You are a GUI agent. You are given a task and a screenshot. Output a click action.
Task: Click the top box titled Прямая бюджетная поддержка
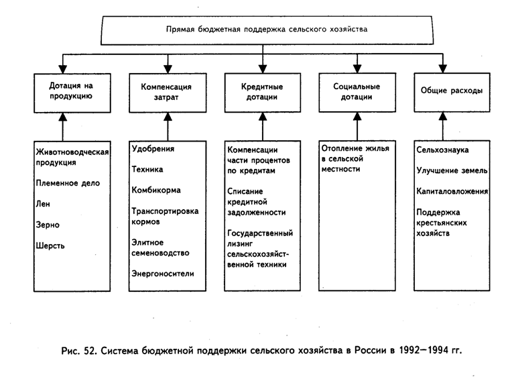pyautogui.click(x=267, y=30)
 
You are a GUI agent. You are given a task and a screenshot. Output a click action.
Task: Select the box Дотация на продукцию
pyautogui.click(x=72, y=93)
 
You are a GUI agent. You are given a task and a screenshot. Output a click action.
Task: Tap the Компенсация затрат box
pyautogui.click(x=168, y=93)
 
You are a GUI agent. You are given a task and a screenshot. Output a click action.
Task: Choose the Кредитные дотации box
pyautogui.click(x=263, y=93)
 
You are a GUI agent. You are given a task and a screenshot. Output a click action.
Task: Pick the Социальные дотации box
pyautogui.click(x=357, y=93)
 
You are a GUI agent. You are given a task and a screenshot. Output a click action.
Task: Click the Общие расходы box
pyautogui.click(x=452, y=93)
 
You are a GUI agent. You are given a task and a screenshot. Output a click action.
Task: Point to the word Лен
pyautogui.click(x=43, y=204)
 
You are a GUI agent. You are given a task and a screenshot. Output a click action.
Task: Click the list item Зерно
pyautogui.click(x=48, y=225)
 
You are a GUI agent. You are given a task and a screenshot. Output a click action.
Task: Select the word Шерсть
pyautogui.click(x=50, y=246)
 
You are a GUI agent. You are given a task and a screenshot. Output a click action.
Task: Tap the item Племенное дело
pyautogui.click(x=68, y=183)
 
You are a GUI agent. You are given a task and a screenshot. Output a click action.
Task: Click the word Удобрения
pyautogui.click(x=153, y=149)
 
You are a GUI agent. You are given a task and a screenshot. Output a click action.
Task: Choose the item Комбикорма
pyautogui.click(x=156, y=190)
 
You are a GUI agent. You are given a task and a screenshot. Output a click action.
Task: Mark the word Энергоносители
pyautogui.click(x=163, y=274)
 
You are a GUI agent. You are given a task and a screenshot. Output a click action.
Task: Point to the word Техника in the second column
pyautogui.click(x=147, y=169)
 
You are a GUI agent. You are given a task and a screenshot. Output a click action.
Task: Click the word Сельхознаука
pyautogui.click(x=442, y=150)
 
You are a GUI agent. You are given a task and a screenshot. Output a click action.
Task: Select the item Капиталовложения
pyautogui.click(x=452, y=191)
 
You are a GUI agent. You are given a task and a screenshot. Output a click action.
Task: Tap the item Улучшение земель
pyautogui.click(x=452, y=170)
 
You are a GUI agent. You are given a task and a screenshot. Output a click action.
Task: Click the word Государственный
pyautogui.click(x=260, y=233)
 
